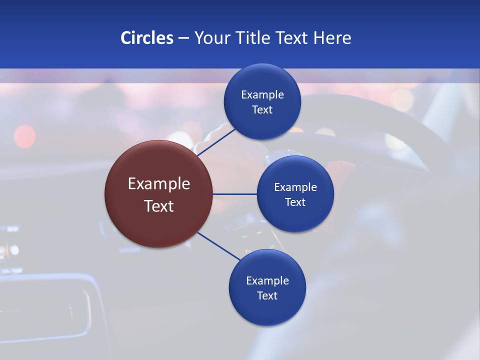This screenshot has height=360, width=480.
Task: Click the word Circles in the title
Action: point(146,38)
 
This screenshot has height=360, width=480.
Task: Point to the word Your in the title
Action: point(210,38)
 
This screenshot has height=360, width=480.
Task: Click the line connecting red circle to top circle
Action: point(216,142)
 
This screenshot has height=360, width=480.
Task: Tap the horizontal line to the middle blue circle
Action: point(234,194)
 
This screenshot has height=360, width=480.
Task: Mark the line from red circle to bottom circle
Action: point(219,246)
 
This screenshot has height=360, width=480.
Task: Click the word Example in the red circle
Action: point(159,184)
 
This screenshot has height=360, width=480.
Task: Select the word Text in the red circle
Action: point(159,206)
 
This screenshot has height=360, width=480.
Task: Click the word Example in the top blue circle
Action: point(262,95)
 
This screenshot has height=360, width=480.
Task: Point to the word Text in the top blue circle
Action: point(262,110)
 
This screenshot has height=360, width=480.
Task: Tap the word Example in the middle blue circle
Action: point(295,187)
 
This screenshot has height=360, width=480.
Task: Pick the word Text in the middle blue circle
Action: point(295,202)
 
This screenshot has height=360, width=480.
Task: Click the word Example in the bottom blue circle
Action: point(267,281)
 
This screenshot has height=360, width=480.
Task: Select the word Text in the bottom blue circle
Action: point(267,296)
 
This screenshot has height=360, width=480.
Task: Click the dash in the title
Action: point(183,38)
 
